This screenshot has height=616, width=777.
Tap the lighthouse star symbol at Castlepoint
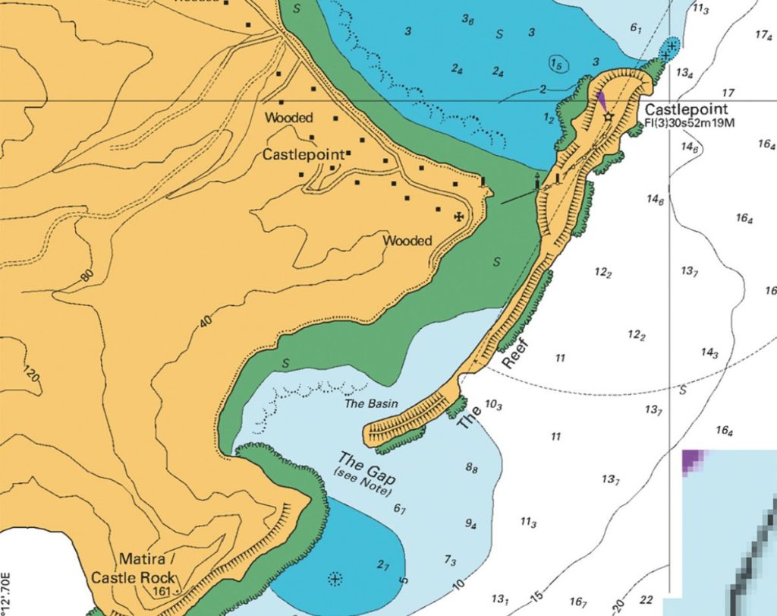point(607,117)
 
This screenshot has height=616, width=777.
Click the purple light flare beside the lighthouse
point(600,102)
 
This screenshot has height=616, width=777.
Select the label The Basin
point(372,403)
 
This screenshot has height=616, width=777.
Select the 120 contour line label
point(31,375)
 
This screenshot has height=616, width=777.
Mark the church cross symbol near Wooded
point(458,217)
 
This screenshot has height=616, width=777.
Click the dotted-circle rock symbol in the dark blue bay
point(334,580)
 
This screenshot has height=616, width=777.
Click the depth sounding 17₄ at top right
point(764,35)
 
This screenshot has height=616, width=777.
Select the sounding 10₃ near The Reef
point(493,405)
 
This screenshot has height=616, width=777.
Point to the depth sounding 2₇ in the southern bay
point(383,564)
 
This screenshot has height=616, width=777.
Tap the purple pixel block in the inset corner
point(692,460)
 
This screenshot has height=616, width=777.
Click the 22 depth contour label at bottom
point(646,600)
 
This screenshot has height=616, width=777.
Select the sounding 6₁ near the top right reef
point(636,28)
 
